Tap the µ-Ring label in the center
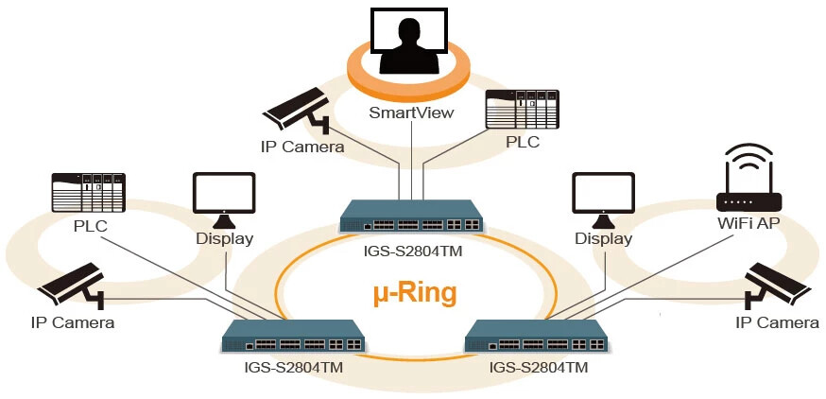(x=412, y=292)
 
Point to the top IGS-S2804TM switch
(x=411, y=217)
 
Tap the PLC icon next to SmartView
(x=522, y=109)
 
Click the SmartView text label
(x=411, y=113)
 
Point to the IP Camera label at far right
(x=777, y=322)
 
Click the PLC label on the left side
(x=90, y=226)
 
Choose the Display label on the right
(x=603, y=238)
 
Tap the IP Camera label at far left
(x=73, y=322)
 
